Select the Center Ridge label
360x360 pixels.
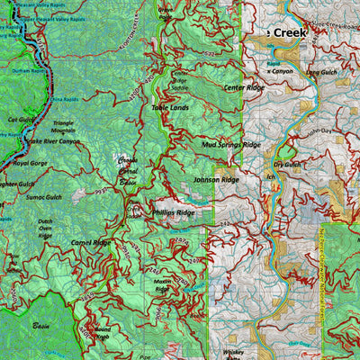[243, 87]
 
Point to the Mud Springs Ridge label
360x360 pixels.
[231, 144]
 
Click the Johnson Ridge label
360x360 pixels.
[216, 180]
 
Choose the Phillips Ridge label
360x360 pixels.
[173, 212]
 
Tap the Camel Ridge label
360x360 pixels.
[90, 243]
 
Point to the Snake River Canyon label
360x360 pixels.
[51, 141]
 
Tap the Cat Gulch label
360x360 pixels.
[20, 119]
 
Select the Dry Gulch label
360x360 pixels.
[287, 165]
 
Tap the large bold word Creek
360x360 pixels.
[290, 32]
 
